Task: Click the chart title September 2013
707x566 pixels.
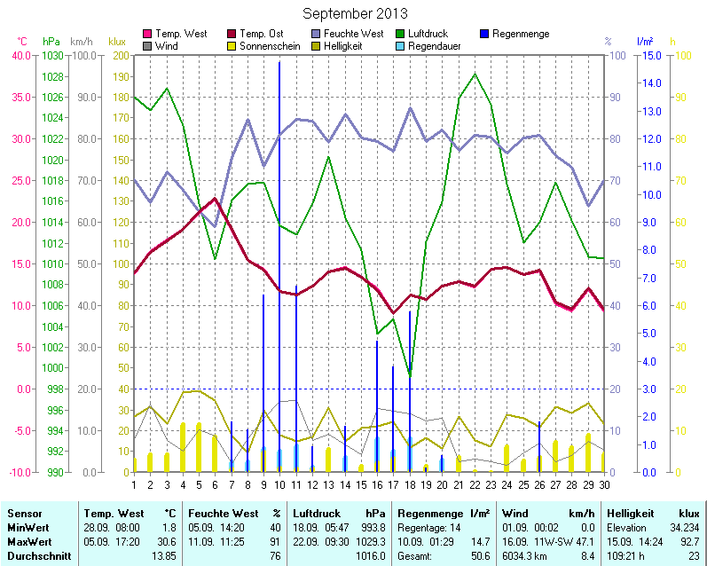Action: (x=355, y=13)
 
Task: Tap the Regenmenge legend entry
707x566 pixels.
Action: (x=520, y=34)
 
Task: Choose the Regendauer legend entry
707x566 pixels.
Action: (x=433, y=45)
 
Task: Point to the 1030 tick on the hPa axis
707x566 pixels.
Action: (x=52, y=55)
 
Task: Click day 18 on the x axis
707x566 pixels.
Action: (x=410, y=483)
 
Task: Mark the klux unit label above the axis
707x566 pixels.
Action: (x=116, y=42)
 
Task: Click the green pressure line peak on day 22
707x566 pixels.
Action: (x=475, y=75)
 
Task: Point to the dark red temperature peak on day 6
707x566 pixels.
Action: (x=215, y=199)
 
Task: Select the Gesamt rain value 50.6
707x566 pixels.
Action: (x=478, y=556)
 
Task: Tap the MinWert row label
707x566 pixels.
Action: (x=27, y=528)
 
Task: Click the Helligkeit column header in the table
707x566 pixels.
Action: (x=631, y=514)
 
